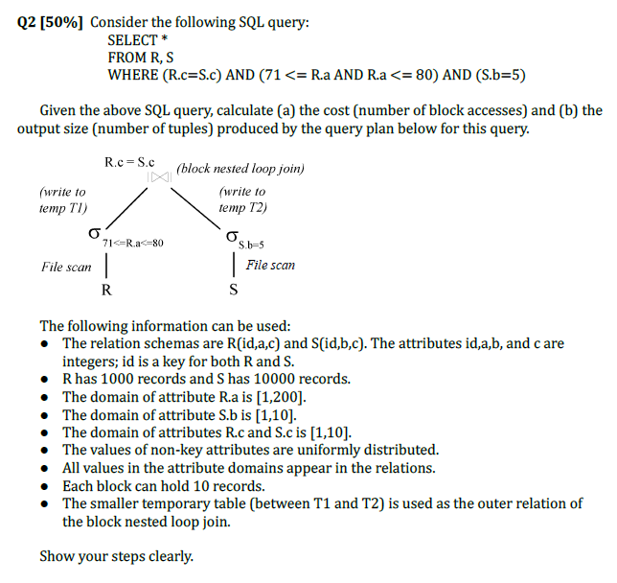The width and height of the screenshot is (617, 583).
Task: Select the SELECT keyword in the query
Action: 132,40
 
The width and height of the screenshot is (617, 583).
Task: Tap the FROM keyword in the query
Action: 127,58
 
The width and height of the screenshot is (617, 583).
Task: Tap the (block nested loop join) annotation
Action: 241,169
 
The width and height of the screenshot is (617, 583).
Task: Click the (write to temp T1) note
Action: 63,199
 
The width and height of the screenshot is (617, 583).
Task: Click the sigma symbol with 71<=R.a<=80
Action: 94,235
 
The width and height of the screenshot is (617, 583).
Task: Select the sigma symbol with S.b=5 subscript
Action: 231,236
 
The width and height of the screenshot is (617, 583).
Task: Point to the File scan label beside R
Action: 67,267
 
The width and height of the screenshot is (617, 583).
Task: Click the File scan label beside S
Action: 270,265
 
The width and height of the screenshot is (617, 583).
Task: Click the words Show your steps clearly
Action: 116,556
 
